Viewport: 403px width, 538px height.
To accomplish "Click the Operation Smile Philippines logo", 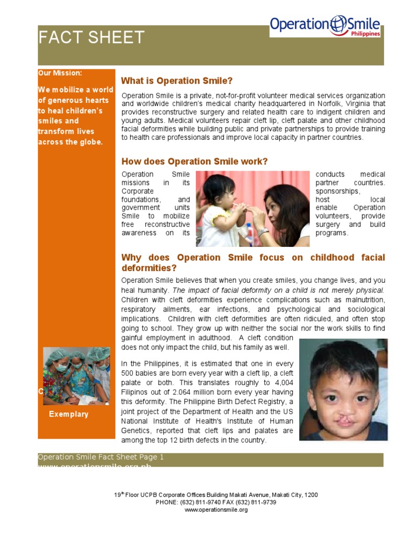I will pyautogui.click(x=325, y=26).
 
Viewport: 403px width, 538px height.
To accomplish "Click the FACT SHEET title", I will pyautogui.click(x=91, y=37).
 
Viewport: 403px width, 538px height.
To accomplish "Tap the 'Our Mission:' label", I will pyautogui.click(x=60, y=73).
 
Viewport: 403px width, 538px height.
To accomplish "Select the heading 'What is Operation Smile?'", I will pyautogui.click(x=176, y=81).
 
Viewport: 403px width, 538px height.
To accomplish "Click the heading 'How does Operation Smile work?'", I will pyautogui.click(x=194, y=161).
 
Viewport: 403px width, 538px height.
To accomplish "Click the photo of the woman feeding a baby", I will pyautogui.click(x=252, y=209).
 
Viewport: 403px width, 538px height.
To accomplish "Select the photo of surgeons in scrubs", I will pyautogui.click(x=77, y=375).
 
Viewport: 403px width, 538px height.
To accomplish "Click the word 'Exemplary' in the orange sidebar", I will pyautogui.click(x=69, y=414).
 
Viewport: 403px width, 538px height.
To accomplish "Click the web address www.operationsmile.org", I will pyautogui.click(x=216, y=510).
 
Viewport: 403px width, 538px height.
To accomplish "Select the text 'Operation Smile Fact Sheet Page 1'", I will pyautogui.click(x=101, y=457).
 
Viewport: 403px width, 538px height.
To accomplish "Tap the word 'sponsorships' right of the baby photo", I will pyautogui.click(x=338, y=191).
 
